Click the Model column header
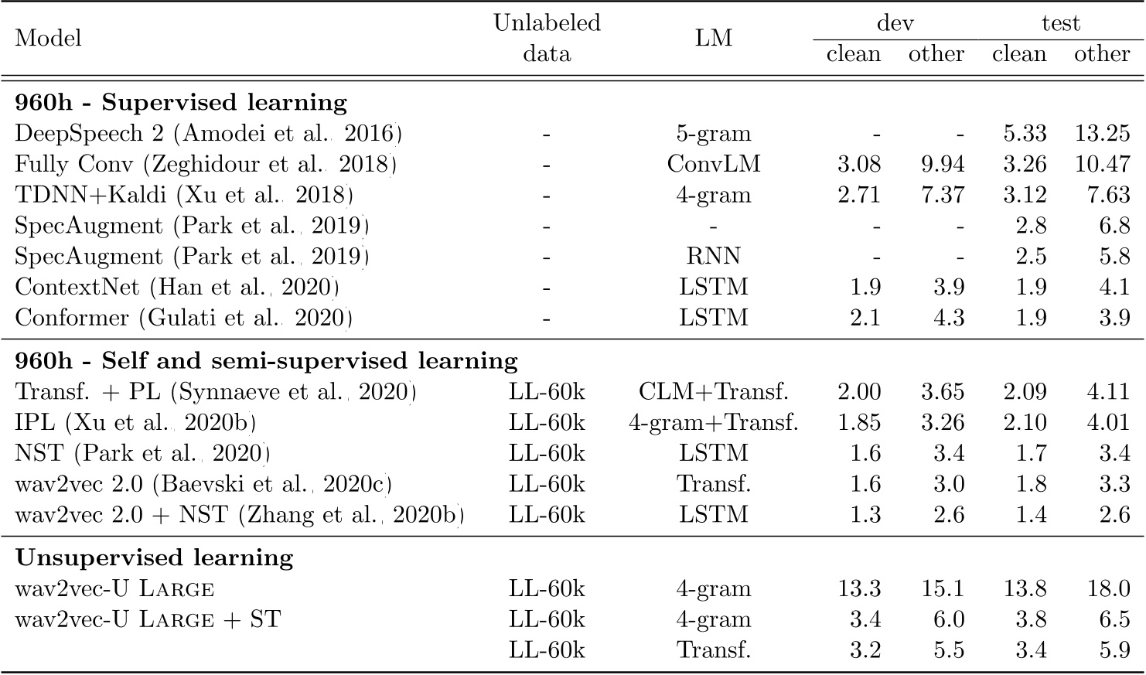pyautogui.click(x=48, y=38)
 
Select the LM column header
pyautogui.click(x=713, y=38)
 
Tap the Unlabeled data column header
pyautogui.click(x=547, y=38)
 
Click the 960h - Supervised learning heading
pyautogui.click(x=181, y=102)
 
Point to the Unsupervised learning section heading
pyautogui.click(x=155, y=557)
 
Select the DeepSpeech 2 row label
pyautogui.click(x=208, y=133)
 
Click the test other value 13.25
pyautogui.click(x=1102, y=133)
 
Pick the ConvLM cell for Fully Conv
pyautogui.click(x=713, y=164)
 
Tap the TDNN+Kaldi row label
pyautogui.click(x=184, y=195)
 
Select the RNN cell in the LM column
pyautogui.click(x=713, y=256)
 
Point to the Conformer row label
pyautogui.click(x=184, y=318)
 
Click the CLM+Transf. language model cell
pyautogui.click(x=713, y=392)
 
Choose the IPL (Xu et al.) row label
pyautogui.click(x=135, y=423)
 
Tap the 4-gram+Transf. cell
pyautogui.click(x=713, y=423)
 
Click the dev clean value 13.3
pyautogui.click(x=859, y=588)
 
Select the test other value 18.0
pyautogui.click(x=1108, y=588)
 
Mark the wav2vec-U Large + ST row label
pyautogui.click(x=148, y=619)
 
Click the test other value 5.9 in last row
pyautogui.click(x=1114, y=649)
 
